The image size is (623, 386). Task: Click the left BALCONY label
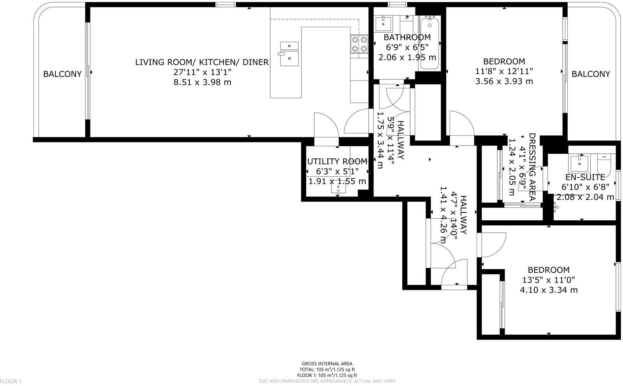(62, 74)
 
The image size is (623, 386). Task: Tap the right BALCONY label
(591, 74)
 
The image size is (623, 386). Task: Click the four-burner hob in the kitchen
(359, 44)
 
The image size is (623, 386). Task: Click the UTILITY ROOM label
(337, 161)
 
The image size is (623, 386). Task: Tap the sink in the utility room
(338, 188)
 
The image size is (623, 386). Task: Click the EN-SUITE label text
(579, 177)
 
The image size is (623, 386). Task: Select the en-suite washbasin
(580, 163)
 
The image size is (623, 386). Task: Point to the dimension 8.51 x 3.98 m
(202, 82)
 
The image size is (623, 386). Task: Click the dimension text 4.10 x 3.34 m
(549, 290)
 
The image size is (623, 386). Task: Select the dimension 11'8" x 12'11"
(504, 71)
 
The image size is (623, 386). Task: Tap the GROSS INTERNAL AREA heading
(327, 364)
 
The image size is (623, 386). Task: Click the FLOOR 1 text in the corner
(11, 381)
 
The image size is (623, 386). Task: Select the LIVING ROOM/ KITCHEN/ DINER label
(202, 62)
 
